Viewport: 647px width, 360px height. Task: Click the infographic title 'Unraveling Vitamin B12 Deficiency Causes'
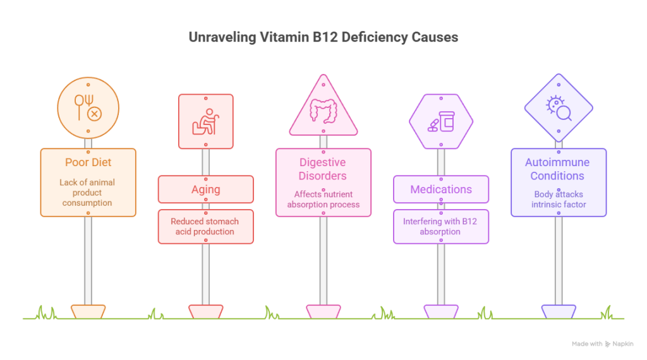click(323, 38)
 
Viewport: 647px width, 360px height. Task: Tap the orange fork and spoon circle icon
click(88, 108)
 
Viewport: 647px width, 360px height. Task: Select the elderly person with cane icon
click(205, 121)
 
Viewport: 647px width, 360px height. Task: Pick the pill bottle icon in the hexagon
click(440, 121)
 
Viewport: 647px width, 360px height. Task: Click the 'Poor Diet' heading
click(88, 163)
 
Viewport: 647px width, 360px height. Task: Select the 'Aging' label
click(205, 189)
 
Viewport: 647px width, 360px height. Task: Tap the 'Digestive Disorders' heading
click(323, 169)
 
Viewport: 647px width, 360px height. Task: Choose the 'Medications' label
click(440, 189)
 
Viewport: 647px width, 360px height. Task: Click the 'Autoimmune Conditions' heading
click(558, 169)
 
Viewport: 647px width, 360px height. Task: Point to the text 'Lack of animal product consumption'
click(88, 193)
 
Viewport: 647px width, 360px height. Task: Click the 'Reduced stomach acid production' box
click(205, 226)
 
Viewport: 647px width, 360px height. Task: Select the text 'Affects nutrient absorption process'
click(323, 200)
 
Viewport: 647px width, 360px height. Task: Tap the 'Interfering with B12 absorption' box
click(440, 226)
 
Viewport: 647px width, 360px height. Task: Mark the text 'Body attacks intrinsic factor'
click(558, 200)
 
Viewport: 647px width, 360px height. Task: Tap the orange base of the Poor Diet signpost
click(88, 311)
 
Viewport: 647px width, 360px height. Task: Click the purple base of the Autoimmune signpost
click(558, 311)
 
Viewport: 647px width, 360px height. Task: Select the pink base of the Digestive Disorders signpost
click(323, 311)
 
